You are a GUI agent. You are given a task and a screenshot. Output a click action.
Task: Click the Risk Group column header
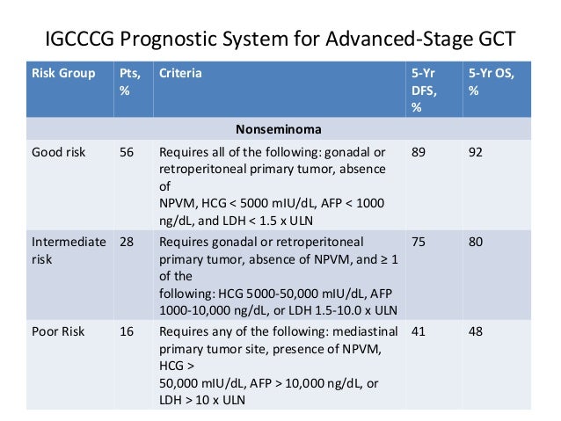click(63, 74)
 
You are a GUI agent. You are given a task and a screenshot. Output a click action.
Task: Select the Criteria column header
click(180, 74)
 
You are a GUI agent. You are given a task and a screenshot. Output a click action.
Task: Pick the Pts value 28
click(127, 240)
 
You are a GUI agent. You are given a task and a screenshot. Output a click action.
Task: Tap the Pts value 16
click(127, 330)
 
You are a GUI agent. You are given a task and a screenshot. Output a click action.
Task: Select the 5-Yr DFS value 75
click(419, 240)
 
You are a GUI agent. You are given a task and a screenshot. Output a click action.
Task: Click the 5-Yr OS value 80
click(477, 240)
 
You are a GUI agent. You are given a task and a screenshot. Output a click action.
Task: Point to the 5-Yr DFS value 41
click(419, 330)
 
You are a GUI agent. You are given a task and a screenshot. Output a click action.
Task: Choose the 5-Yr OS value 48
click(477, 330)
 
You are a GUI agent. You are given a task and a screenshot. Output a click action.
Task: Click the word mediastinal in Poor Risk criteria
click(367, 330)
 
